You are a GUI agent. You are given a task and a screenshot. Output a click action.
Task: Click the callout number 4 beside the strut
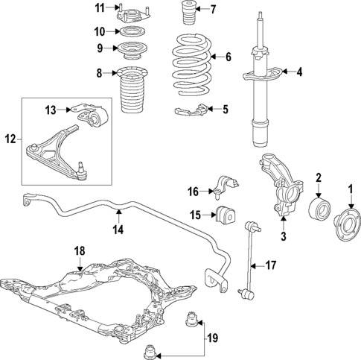coord(300,72)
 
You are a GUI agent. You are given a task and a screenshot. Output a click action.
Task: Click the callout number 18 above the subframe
coord(80,251)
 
